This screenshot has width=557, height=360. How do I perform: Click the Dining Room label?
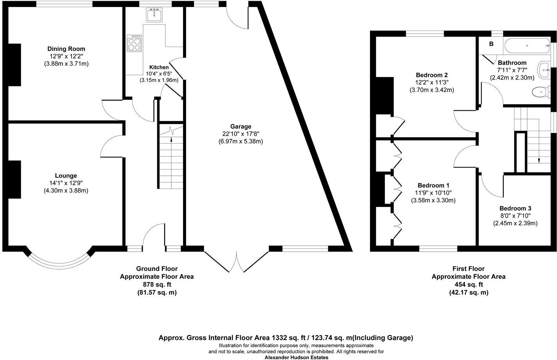click(66, 49)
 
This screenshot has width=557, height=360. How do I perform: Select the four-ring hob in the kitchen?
click(134, 43)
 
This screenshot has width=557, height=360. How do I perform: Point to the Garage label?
click(241, 126)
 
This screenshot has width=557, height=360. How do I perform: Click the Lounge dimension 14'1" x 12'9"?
click(66, 183)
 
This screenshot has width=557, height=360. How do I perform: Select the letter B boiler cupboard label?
click(491, 44)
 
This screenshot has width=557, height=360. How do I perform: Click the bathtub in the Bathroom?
click(527, 47)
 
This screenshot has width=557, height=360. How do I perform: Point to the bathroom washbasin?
click(544, 70)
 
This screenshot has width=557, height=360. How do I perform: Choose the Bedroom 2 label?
click(432, 75)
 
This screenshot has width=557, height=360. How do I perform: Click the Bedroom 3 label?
click(515, 209)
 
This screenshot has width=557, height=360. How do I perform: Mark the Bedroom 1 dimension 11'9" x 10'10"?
click(433, 193)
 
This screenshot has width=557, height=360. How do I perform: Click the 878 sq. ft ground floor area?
click(156, 284)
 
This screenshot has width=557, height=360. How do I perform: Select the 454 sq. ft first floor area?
click(468, 284)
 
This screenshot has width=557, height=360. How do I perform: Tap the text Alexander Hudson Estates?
click(296, 357)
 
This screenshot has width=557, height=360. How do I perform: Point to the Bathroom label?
click(512, 63)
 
